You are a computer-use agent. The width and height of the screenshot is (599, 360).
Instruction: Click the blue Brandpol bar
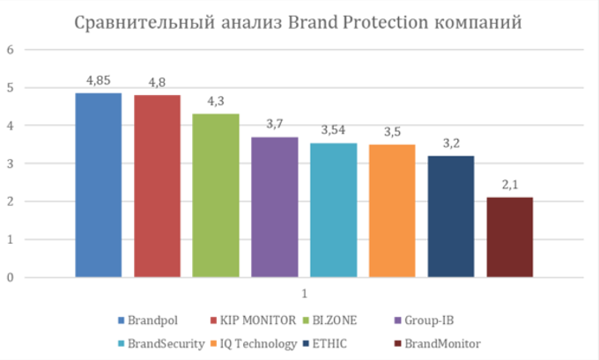coord(98,185)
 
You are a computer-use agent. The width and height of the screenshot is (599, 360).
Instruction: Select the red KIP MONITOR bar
coord(157,186)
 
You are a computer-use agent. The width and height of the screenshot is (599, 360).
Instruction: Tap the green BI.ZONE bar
coord(215,195)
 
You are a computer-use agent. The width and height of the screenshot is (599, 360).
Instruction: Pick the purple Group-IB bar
coord(274,207)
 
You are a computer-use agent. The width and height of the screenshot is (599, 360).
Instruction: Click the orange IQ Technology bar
coord(392,210)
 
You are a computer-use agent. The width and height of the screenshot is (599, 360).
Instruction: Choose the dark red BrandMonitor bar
coord(510,237)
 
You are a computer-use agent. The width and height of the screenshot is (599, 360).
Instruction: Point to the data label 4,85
coord(98,82)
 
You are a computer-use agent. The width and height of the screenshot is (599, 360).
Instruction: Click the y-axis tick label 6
coord(11,50)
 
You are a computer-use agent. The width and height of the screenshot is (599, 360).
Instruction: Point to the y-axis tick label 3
coord(11,164)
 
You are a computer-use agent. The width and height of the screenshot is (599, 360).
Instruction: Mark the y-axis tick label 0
coord(11,277)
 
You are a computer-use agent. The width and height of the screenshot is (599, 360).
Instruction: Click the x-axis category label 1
coord(304,294)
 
